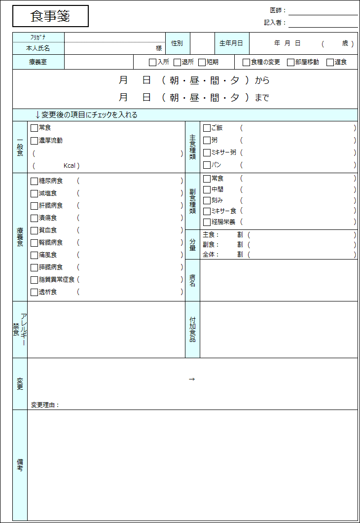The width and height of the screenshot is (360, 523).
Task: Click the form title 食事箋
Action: point(50,16)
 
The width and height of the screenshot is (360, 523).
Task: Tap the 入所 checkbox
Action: point(152,62)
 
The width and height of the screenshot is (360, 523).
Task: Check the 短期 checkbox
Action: point(202,62)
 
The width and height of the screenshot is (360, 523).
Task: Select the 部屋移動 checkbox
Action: point(290,62)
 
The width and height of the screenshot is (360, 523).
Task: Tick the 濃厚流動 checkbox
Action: point(34,141)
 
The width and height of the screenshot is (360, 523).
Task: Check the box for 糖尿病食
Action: point(34,181)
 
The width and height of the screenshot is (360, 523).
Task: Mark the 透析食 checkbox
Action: point(34,292)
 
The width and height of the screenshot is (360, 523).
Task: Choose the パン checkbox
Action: point(207,165)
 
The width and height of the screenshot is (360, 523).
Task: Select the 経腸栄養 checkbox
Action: point(207,222)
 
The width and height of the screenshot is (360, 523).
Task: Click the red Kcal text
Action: point(70,166)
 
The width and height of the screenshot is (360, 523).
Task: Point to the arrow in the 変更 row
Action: point(192,379)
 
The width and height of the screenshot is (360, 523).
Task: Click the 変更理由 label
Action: point(44,405)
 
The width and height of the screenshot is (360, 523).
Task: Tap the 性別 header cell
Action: point(177,43)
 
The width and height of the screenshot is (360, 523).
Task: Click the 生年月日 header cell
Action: point(231,43)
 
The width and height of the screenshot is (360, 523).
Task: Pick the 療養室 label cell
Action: point(38,62)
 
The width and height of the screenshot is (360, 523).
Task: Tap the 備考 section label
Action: point(20,465)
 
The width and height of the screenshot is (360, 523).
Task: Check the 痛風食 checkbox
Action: point(34,255)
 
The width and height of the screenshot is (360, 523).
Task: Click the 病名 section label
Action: point(192,280)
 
